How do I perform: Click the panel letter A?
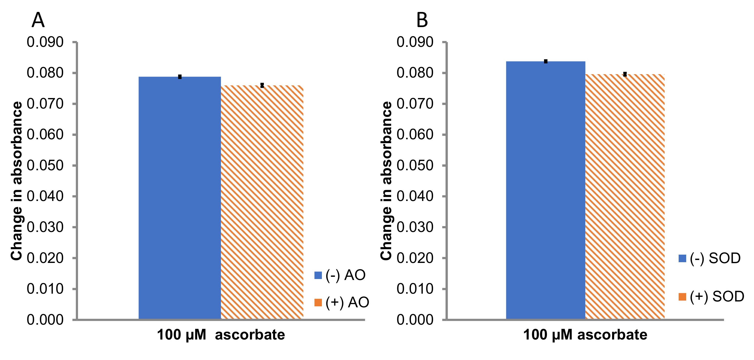[38, 20]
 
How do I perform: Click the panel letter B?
[422, 20]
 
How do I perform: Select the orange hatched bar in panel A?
[262, 202]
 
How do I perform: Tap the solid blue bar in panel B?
[546, 190]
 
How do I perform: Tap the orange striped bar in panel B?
[625, 196]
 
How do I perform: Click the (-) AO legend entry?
[340, 275]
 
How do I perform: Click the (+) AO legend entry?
[342, 302]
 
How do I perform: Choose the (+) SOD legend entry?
[711, 297]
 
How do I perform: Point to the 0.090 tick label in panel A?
[45, 42]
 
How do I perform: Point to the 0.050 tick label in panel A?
[45, 166]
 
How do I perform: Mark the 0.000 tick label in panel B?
[415, 320]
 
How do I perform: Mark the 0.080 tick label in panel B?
[415, 73]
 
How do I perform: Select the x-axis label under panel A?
[221, 335]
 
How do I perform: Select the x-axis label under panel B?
[585, 335]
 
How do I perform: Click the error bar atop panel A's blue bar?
[180, 77]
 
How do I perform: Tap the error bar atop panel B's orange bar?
[625, 74]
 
